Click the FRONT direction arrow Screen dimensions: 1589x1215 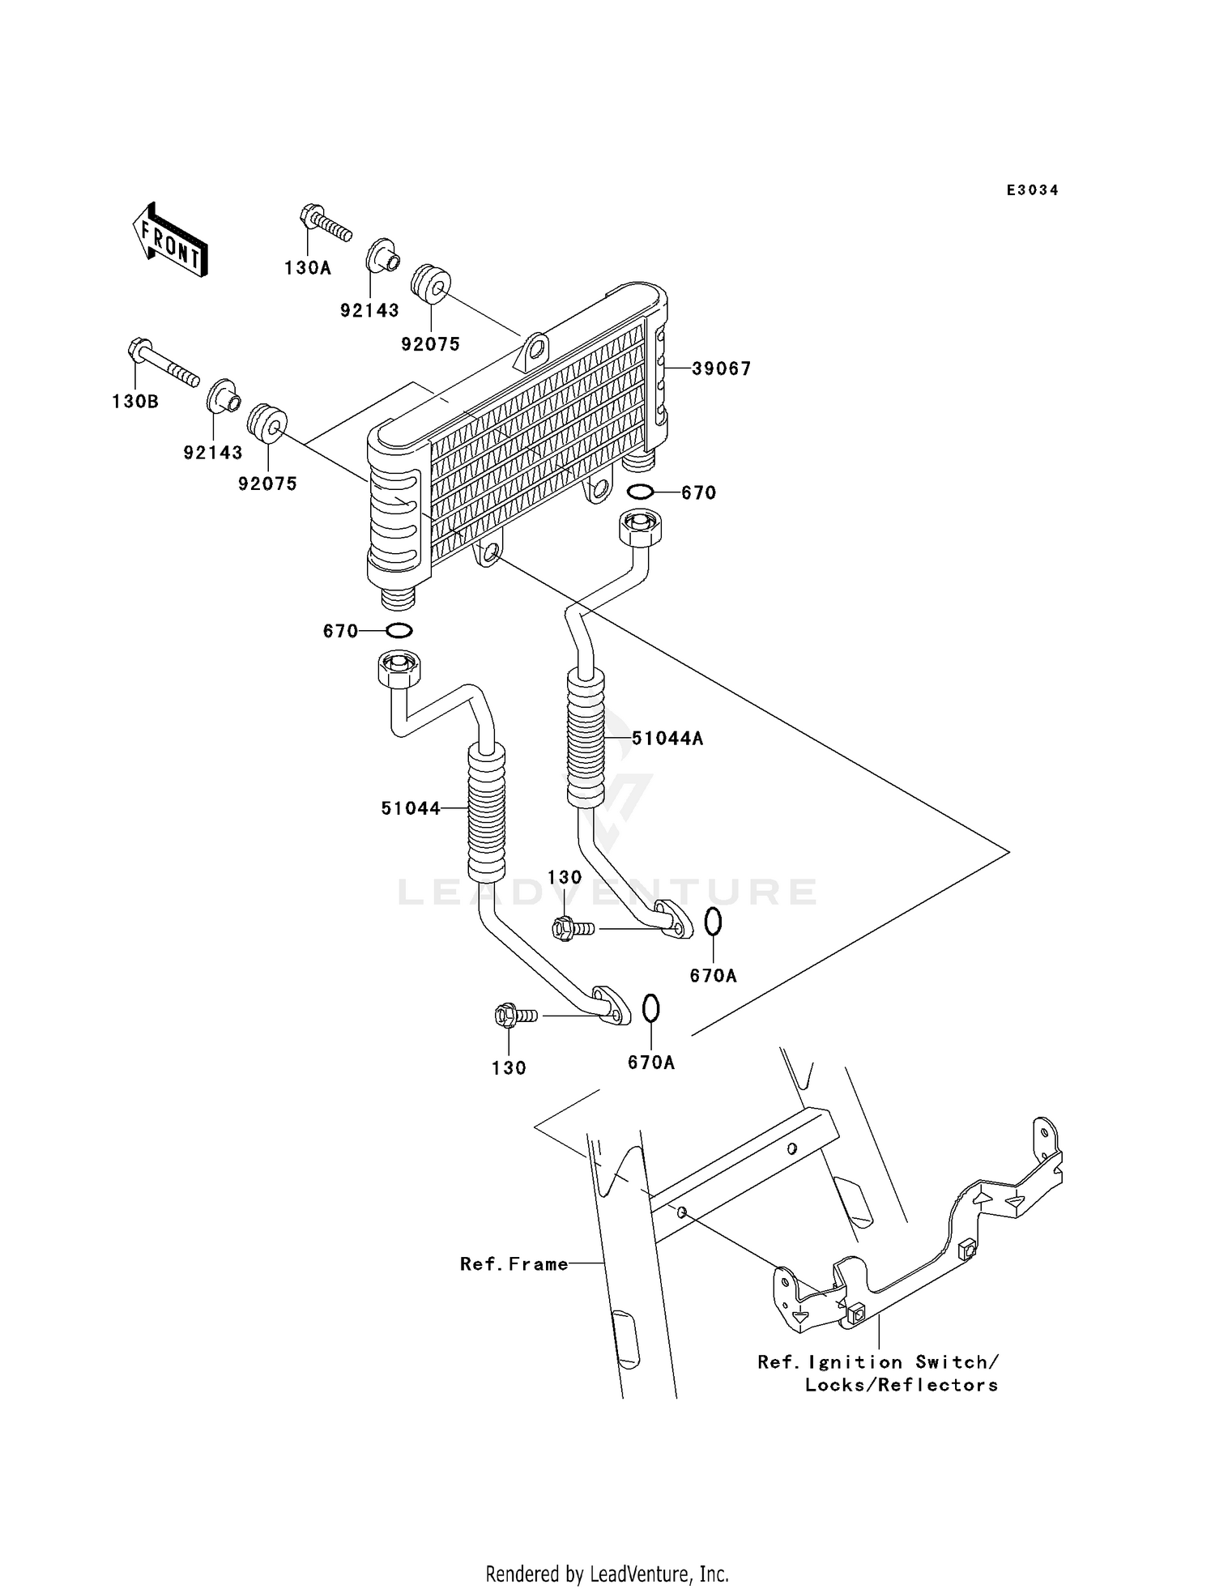click(x=170, y=240)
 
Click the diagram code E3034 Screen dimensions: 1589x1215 click(x=1032, y=190)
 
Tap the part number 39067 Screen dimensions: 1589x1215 click(x=721, y=368)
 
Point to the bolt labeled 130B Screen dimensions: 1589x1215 click(x=162, y=364)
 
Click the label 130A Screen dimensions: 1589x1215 click(x=307, y=268)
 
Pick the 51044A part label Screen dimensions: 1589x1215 click(x=667, y=739)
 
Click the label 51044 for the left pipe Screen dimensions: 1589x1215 click(x=411, y=808)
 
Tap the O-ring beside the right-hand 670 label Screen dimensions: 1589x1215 click(x=641, y=491)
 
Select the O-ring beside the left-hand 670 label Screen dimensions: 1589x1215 click(x=399, y=630)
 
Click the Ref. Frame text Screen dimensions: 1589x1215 click(x=514, y=1264)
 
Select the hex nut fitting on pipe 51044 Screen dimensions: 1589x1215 click(x=399, y=670)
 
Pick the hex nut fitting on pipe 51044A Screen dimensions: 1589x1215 click(x=641, y=527)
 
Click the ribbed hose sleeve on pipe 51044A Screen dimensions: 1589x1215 click(x=586, y=738)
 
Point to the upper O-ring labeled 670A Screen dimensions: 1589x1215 click(x=713, y=922)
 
